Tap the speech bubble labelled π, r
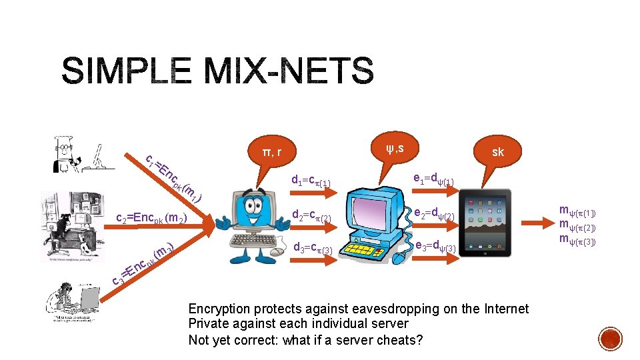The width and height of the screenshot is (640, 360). point(271,153)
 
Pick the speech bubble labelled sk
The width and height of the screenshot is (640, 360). point(497,152)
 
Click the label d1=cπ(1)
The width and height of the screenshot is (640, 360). point(312,180)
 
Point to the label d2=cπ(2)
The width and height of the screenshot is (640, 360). point(312,215)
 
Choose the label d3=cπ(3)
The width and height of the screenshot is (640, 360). point(313,248)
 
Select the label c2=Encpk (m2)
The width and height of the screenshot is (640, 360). point(151,217)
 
